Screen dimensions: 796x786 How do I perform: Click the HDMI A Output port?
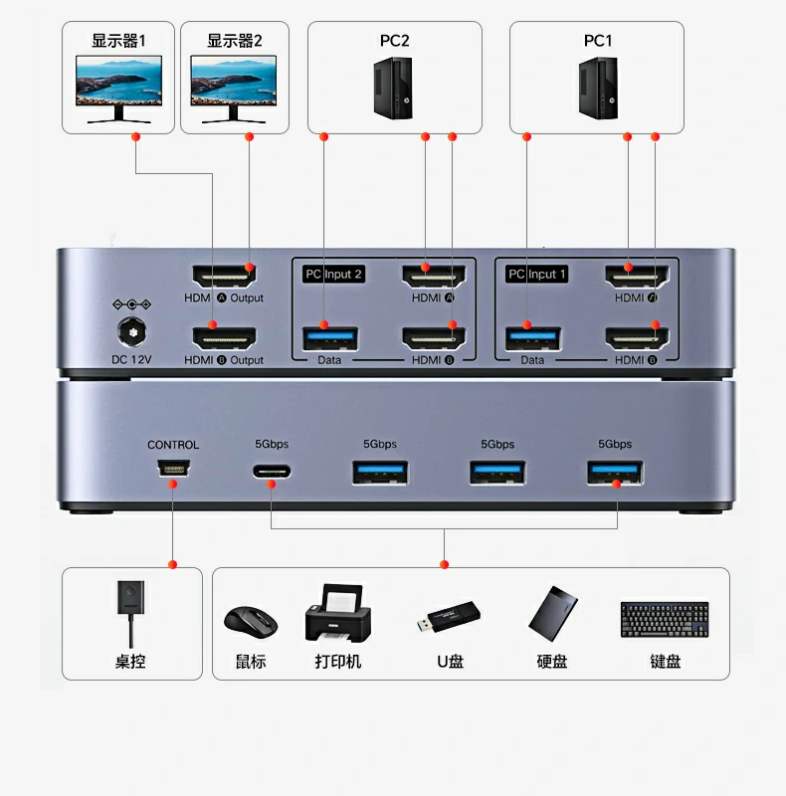tap(223, 276)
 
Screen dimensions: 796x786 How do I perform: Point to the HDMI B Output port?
tap(223, 337)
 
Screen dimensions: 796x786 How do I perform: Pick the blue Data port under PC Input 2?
tap(328, 337)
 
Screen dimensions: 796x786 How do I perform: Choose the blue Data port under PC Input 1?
tap(531, 337)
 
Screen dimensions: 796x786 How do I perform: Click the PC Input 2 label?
tap(333, 274)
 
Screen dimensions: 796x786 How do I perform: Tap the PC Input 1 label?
tap(537, 274)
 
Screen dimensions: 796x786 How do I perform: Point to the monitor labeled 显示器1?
tap(118, 88)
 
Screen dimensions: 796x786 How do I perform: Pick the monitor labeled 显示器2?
tap(234, 88)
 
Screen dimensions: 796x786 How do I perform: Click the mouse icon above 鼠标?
tap(250, 622)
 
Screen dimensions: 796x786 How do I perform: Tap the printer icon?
tap(338, 615)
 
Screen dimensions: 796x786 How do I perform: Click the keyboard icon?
tap(665, 618)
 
